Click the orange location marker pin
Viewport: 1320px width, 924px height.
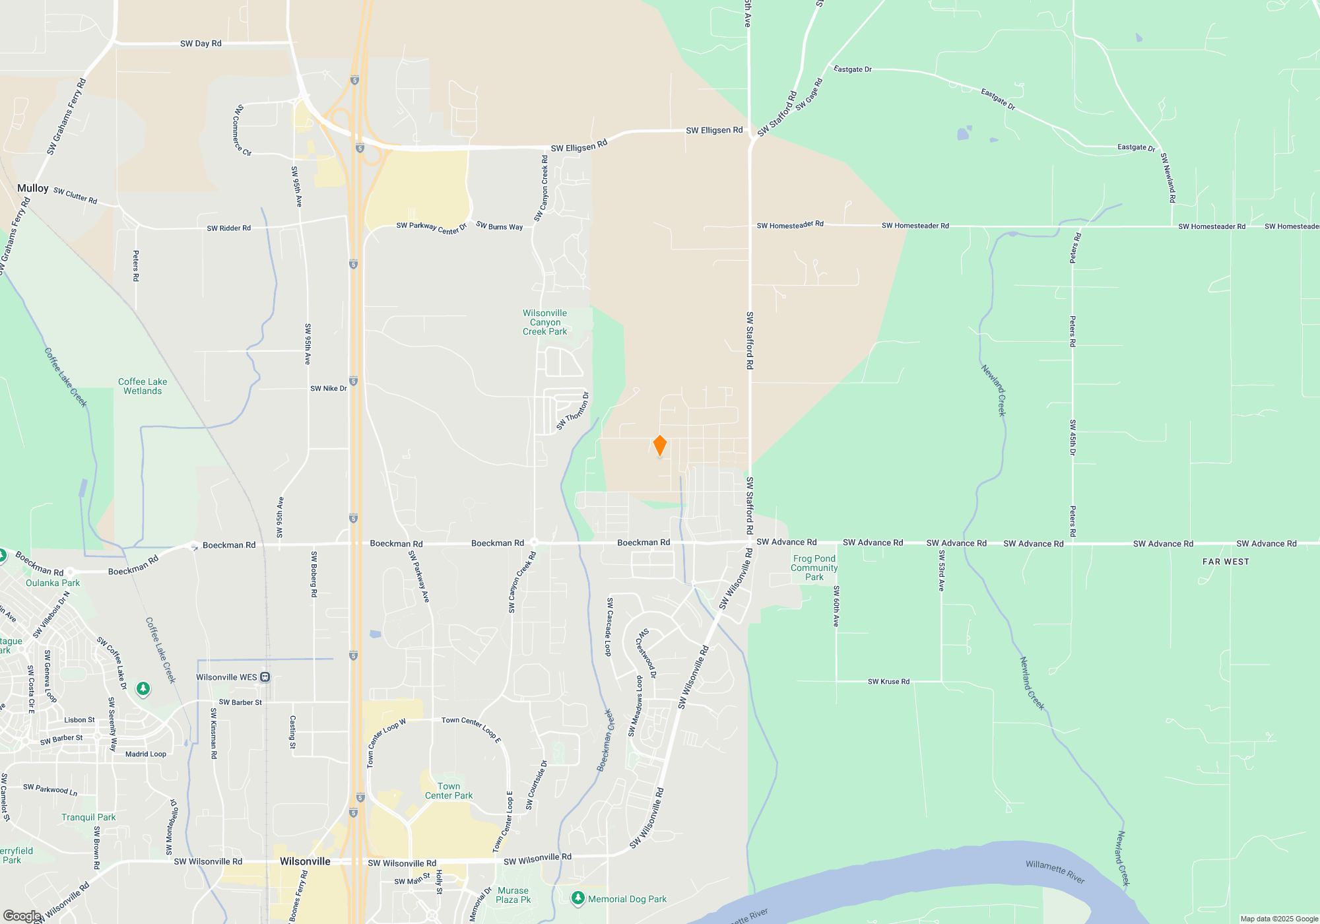659,445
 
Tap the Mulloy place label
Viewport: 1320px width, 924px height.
33,188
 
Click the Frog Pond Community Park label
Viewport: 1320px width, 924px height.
814,568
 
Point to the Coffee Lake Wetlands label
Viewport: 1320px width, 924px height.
143,386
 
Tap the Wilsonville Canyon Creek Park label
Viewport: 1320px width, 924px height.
544,322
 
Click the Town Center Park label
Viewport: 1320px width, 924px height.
449,791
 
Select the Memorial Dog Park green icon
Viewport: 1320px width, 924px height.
578,898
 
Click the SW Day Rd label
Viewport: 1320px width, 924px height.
201,44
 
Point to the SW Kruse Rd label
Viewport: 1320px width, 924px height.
888,682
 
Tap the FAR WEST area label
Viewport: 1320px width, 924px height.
1226,562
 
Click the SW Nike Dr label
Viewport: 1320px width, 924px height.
328,389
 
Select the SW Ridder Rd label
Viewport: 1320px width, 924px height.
228,228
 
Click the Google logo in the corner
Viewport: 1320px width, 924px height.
22,915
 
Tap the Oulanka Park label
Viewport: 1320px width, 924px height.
53,583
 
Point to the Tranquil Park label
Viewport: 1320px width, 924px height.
88,817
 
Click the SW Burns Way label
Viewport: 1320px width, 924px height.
499,226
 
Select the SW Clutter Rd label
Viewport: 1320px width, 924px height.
75,196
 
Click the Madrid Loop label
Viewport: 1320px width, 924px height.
146,754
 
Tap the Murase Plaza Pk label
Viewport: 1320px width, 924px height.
513,895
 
